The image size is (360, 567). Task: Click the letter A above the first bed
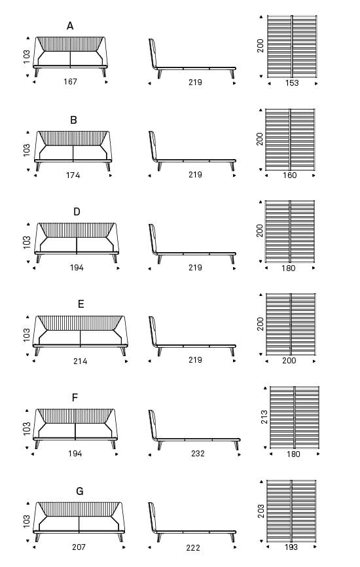(x=70, y=26)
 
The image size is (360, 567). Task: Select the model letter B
(x=73, y=120)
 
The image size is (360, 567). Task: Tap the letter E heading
(x=81, y=304)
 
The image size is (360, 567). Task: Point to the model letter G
(x=79, y=491)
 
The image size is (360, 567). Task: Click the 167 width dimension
(x=70, y=82)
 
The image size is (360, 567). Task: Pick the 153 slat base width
(x=292, y=82)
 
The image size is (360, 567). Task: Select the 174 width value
(x=73, y=175)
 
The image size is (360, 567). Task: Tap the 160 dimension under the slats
(x=289, y=175)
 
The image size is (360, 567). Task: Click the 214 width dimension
(x=81, y=361)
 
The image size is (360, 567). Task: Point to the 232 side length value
(x=198, y=454)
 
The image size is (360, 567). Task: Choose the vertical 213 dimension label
(x=265, y=417)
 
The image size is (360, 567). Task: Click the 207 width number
(x=79, y=547)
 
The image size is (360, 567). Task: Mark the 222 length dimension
(x=193, y=548)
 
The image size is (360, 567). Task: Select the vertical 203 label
(x=261, y=511)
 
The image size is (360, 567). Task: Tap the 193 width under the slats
(x=291, y=547)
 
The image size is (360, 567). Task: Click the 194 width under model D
(x=77, y=268)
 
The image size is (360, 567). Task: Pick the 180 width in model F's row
(x=293, y=454)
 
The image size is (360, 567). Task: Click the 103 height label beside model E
(x=27, y=335)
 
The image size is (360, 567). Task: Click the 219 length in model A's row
(x=195, y=82)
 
